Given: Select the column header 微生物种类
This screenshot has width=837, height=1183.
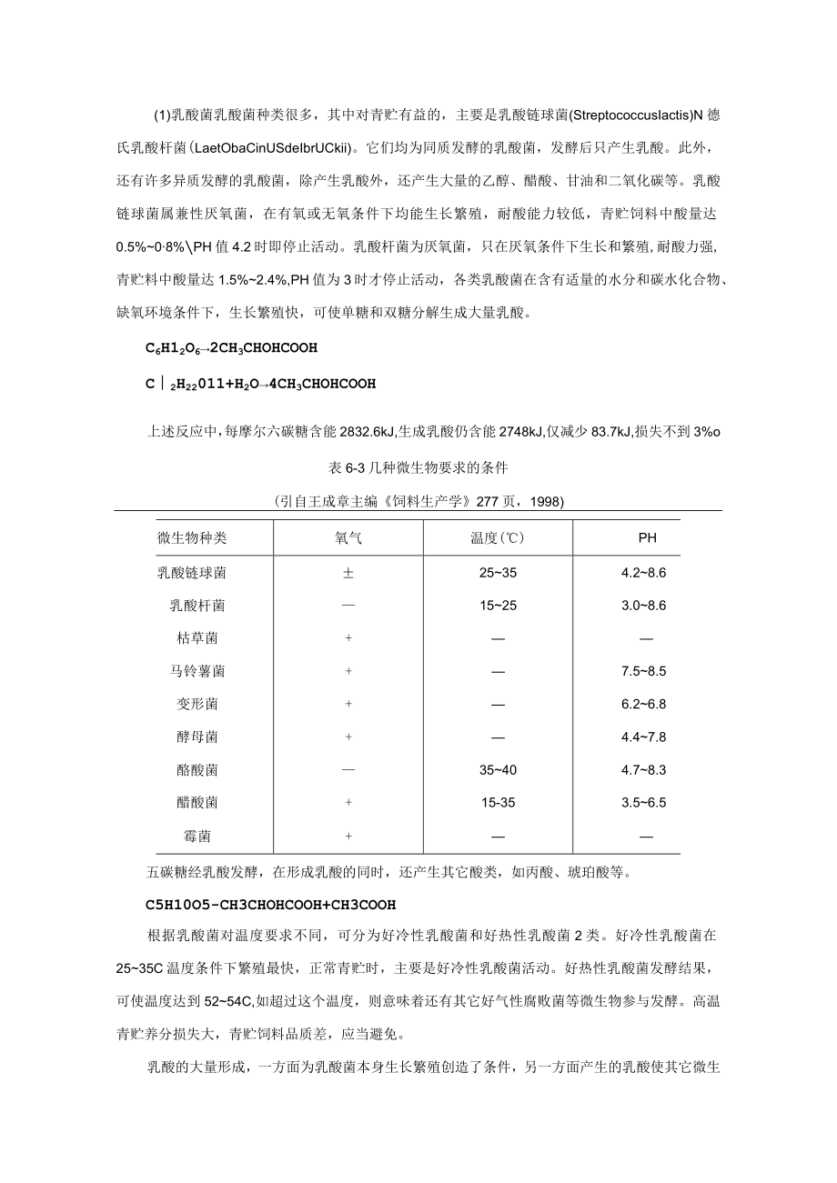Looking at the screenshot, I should click(192, 537).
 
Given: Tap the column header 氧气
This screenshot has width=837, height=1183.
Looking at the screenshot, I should click(348, 537).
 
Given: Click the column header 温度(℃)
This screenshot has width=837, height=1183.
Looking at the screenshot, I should click(498, 537).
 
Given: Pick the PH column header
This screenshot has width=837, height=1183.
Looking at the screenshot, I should click(647, 537).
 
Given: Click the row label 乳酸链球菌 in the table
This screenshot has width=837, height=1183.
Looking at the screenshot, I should click(192, 573).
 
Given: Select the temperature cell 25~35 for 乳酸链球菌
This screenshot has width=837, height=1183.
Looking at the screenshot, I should click(498, 573).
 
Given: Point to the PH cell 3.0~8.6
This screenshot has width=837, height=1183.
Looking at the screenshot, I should click(644, 606).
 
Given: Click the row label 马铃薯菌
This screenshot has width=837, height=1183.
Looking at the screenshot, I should click(197, 671).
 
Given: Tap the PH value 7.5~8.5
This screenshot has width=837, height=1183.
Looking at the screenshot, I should click(644, 671).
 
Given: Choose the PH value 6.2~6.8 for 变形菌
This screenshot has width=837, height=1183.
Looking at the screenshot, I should click(644, 704).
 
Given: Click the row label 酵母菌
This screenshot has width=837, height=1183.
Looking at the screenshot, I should click(197, 737).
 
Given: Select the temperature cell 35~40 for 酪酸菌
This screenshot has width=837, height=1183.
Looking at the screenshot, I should click(498, 770).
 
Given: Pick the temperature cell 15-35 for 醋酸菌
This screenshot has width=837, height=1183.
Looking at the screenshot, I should click(498, 803).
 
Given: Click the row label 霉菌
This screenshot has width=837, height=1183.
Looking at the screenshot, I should click(197, 836).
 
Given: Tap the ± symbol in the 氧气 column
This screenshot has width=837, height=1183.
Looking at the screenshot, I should click(348, 573).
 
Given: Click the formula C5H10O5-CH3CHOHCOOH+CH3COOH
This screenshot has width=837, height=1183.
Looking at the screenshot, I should click(257, 905).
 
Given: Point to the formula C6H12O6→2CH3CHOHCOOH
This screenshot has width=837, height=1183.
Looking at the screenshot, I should click(231, 347).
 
